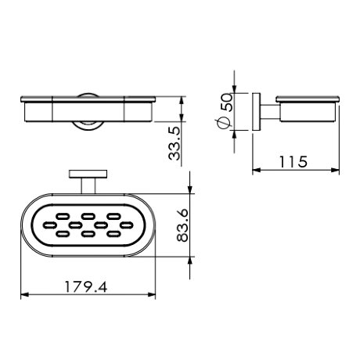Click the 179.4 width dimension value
[x=86, y=287]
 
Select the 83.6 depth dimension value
[x=182, y=225]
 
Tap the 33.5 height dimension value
[x=175, y=144]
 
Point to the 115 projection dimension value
[x=293, y=162]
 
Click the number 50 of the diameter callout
[x=226, y=103]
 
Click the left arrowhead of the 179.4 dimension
[x=24, y=295]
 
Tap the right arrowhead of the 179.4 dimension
[x=152, y=295]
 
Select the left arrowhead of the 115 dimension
[x=257, y=170]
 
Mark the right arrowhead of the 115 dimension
[x=335, y=170]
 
